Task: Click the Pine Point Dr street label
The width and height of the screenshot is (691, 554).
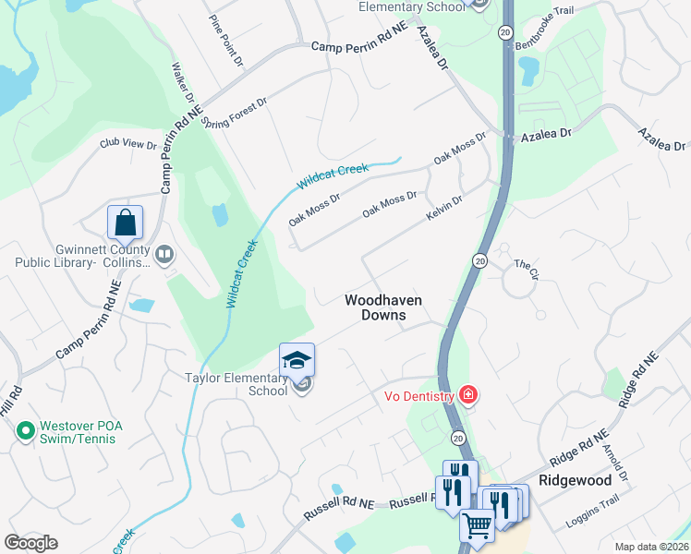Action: coord(225,41)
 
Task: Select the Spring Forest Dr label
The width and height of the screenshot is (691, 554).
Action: coord(234,112)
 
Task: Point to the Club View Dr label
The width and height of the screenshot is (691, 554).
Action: coord(129,144)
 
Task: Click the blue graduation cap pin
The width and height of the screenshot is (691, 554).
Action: coord(297,360)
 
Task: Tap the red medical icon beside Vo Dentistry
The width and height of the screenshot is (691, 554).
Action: coord(468,396)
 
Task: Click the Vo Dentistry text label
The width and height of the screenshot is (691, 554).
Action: coord(418,397)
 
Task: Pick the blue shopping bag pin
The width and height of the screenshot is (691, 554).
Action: coord(125,223)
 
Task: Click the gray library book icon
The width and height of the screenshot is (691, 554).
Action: coord(164,253)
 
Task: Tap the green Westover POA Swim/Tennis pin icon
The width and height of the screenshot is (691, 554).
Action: coord(25,430)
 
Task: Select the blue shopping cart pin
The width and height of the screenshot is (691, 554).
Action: coord(477,526)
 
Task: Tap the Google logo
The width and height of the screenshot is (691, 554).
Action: coord(30,542)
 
